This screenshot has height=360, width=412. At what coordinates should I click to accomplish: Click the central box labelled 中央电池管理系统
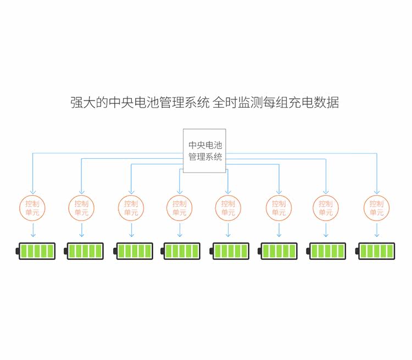204,151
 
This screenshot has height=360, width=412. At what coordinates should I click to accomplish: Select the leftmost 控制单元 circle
32,208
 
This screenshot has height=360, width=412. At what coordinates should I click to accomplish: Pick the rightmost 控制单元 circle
377,208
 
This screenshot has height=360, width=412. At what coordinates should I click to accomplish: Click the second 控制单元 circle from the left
81,208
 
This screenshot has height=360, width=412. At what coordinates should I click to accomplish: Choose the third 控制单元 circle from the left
131,208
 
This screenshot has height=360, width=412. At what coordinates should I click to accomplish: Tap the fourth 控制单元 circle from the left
180,208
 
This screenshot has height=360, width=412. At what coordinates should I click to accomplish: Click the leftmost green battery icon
37,251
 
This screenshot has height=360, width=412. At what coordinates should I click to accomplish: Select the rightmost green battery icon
376,251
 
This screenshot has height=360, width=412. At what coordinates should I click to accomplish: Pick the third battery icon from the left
134,251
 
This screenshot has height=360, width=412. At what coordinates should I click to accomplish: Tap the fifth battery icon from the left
230,251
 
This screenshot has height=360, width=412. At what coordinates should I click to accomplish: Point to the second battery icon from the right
327,251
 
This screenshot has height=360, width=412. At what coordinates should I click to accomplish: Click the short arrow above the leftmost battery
32,230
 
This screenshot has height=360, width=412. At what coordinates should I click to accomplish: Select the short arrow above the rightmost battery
377,230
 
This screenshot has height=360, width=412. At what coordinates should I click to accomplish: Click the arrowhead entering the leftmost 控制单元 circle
32,191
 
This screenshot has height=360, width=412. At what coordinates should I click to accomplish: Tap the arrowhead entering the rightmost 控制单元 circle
377,191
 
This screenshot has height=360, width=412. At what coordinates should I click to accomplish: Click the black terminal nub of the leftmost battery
17,251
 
